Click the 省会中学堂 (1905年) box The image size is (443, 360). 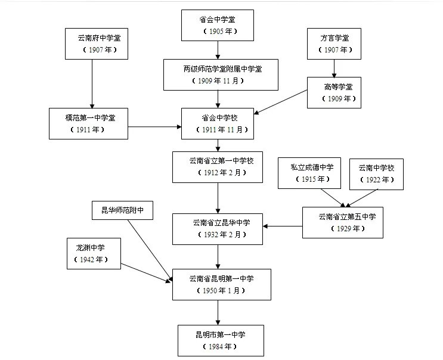coord(217,25)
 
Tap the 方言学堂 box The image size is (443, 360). coord(334,44)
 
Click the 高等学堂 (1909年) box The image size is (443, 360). coord(334,92)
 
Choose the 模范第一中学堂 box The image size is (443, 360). coord(88,123)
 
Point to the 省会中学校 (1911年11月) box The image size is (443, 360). coord(218,123)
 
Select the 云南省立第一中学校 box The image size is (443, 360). coord(217,167)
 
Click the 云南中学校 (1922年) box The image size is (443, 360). coord(376,173)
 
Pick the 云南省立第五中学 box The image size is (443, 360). coord(342,222)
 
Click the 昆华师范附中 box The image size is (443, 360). coord(122,210)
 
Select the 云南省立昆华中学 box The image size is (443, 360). coord(217,228)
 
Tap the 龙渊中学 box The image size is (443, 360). coord(94,253)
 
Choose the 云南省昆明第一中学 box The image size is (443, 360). coord(221,284)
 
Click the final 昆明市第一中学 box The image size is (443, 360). coord(220,340)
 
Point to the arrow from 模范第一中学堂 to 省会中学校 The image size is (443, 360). coord(155,127)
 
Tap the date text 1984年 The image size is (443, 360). coord(220,346)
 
